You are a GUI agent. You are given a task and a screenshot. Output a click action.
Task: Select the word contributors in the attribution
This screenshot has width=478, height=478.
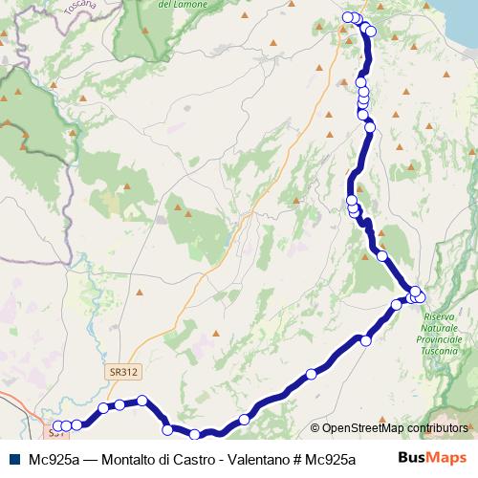pos(438,428)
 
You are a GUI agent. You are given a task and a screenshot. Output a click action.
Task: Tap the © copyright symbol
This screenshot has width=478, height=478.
pos(315,428)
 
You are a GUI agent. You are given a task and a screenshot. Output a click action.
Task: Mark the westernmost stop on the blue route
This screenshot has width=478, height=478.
pos(56,426)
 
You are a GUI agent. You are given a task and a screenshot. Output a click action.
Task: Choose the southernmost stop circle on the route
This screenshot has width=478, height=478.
pos(195,435)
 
